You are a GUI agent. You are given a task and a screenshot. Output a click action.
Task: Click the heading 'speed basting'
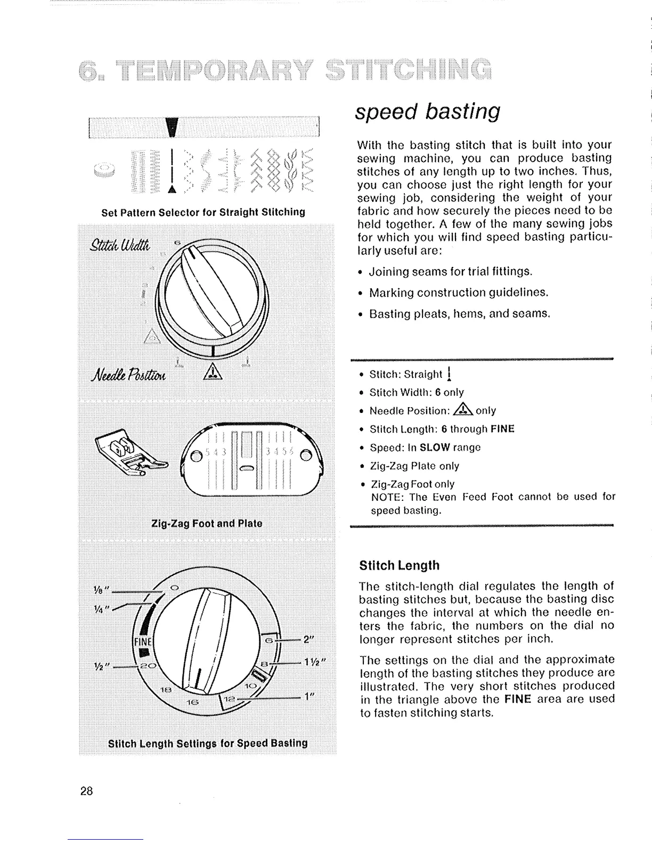pos(428,111)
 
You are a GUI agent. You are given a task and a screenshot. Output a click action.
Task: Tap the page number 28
pos(87,791)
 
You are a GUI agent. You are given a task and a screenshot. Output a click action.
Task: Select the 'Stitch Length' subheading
pos(400,565)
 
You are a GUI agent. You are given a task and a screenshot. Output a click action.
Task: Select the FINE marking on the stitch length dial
pos(142,640)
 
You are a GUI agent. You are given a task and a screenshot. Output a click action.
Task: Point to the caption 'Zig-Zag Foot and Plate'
pos(207,523)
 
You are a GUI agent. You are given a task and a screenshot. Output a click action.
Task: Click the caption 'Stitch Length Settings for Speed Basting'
pos(208,743)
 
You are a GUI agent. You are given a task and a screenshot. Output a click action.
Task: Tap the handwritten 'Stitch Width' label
pos(121,245)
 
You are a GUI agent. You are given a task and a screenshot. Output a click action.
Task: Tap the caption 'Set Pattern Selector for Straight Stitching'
pos(203,212)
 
